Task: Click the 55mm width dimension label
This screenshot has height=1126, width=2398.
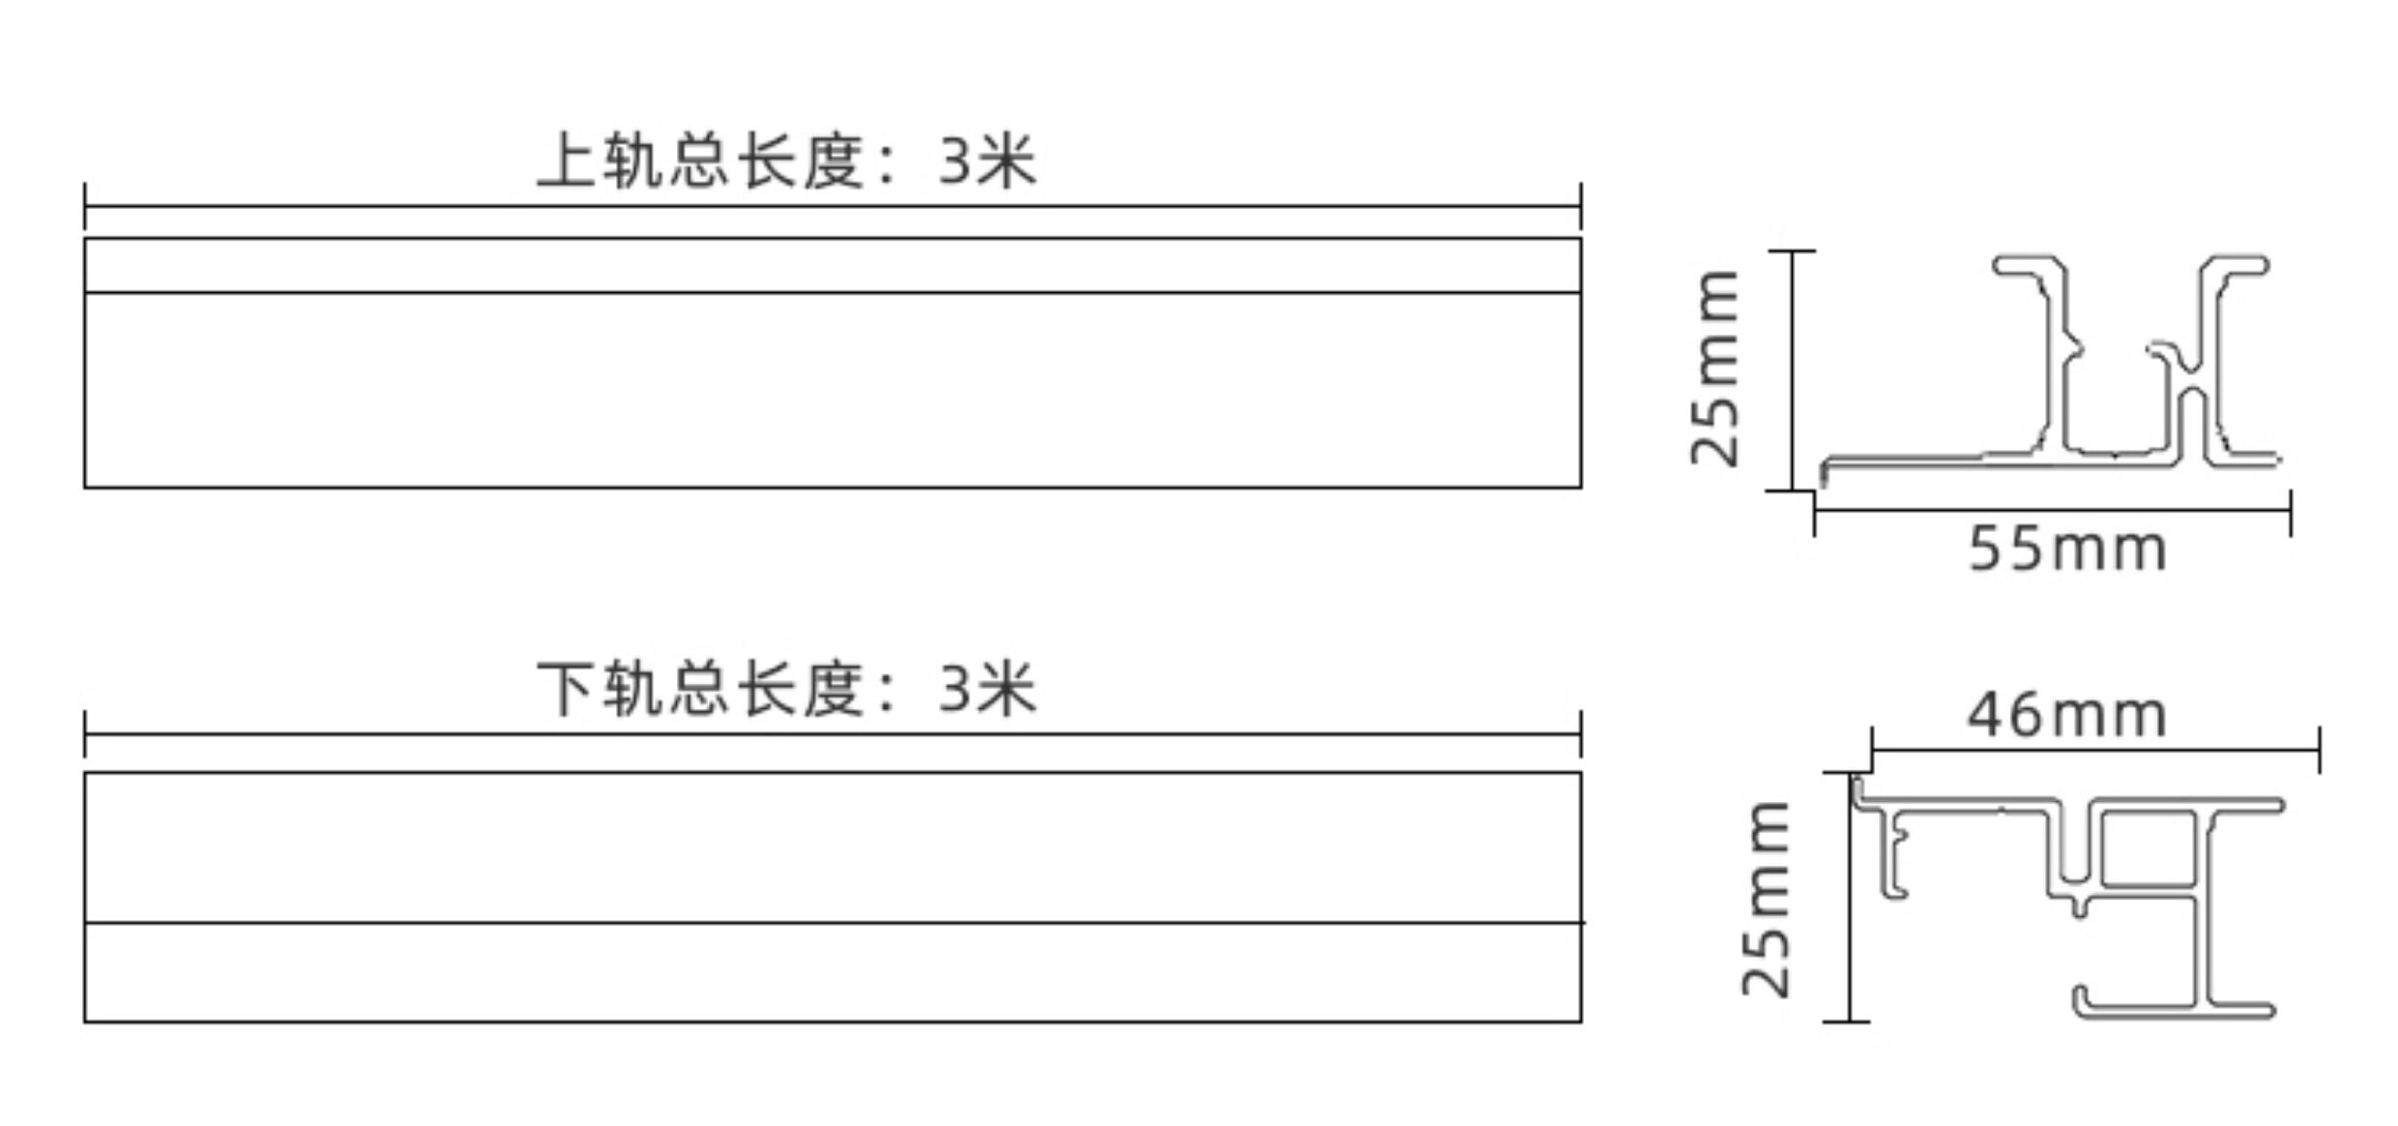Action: [2067, 549]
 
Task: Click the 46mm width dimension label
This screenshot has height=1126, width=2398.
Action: [2067, 716]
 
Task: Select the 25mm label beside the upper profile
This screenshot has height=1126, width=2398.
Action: [1715, 368]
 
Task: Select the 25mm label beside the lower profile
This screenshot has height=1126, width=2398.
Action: [1767, 899]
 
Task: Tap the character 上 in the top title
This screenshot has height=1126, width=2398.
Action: [566, 161]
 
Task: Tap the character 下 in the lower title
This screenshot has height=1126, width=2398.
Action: [566, 690]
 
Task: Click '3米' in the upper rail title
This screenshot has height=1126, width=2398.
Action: [986, 161]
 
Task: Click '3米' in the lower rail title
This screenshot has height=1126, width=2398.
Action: [986, 690]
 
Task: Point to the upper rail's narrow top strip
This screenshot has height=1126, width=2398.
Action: [832, 265]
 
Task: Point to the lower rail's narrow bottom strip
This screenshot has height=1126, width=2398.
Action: [832, 971]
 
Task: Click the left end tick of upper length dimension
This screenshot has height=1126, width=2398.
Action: [85, 206]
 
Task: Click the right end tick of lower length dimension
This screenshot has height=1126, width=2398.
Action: [1581, 734]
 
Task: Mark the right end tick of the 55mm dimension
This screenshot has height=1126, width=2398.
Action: [2290, 512]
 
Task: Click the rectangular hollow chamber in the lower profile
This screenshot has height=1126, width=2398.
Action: [2148, 849]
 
